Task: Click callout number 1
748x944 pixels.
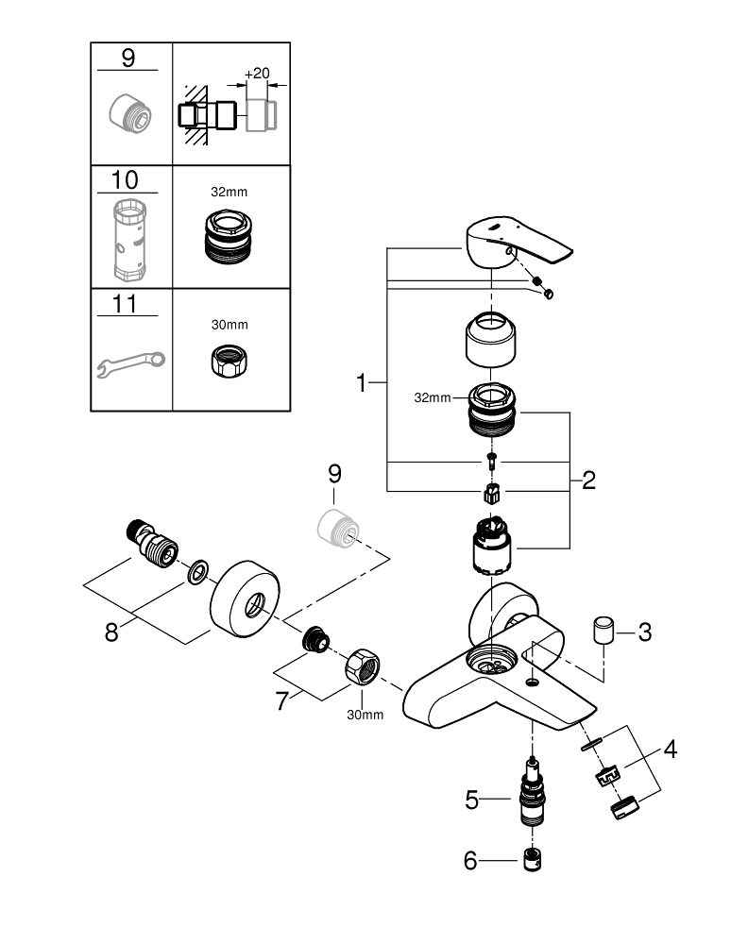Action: (361, 383)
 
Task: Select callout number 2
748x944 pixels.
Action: (589, 480)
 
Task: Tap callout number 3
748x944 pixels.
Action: (645, 632)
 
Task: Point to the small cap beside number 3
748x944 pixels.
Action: (603, 630)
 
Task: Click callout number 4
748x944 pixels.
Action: (670, 750)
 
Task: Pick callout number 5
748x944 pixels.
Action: (474, 801)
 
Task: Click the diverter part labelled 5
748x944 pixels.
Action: (534, 798)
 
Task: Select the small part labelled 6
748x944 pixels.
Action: (535, 859)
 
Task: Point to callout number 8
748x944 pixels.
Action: (111, 632)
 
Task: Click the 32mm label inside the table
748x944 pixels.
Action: (229, 191)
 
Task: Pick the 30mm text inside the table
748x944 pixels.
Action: (229, 324)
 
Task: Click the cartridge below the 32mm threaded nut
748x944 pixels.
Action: (491, 545)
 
